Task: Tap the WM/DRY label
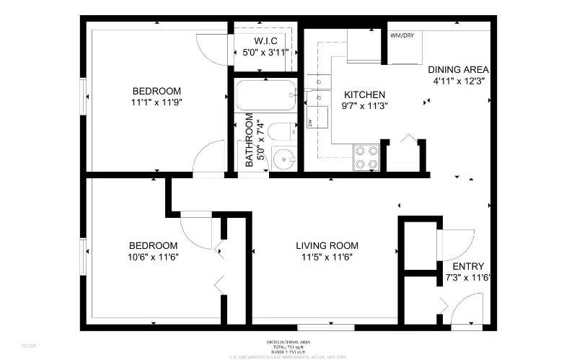coord(402,35)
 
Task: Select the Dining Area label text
coord(458,70)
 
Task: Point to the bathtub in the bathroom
coord(265,95)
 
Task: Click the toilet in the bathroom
coord(279,132)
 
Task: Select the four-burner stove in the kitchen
coord(366,157)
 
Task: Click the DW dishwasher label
coord(311,123)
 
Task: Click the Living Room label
coord(327,245)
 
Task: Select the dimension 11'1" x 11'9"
coord(156,102)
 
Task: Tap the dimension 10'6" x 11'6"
coord(152,257)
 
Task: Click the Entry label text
coord(468,266)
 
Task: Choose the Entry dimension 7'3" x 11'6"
coord(467,277)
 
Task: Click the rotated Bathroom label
coord(250,140)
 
